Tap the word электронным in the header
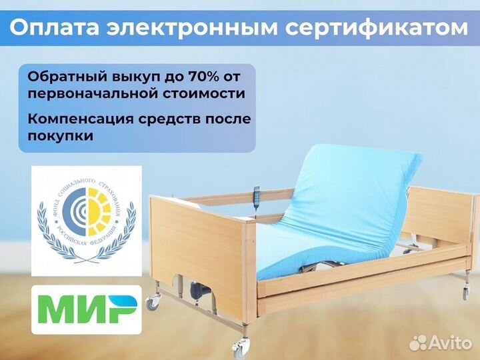tap(190, 28)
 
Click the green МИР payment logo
tap(86, 309)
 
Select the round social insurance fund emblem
tap(86, 220)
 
